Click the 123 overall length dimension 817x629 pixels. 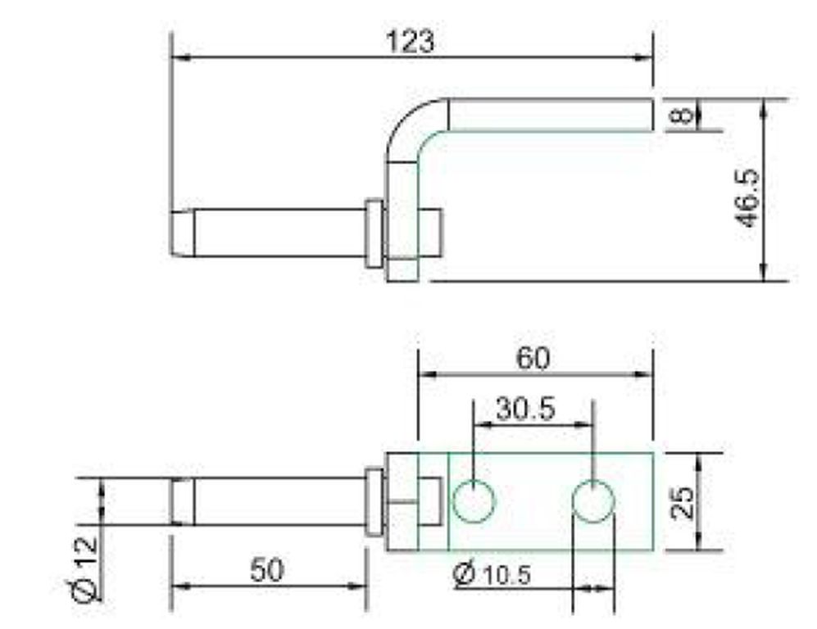410,41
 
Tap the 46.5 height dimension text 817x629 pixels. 747,198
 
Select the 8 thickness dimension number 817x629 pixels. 682,115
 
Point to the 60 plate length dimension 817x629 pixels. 533,358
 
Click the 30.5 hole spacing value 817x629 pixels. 526,409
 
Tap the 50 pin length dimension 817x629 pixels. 267,569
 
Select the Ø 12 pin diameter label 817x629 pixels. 85,568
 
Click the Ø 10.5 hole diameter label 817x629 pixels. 492,573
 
